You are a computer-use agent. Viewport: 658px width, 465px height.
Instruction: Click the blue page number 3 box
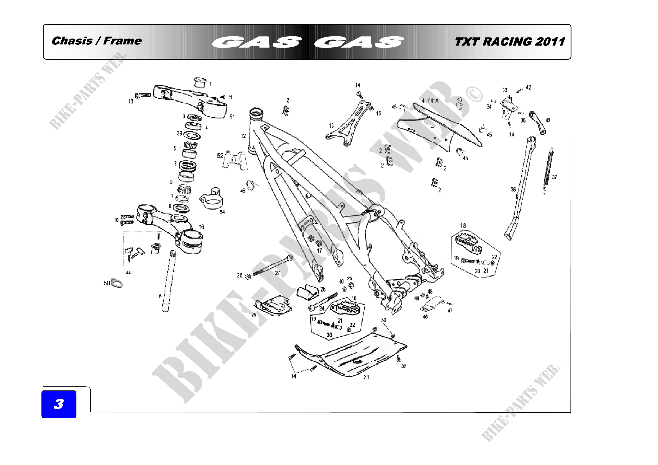pos(59,404)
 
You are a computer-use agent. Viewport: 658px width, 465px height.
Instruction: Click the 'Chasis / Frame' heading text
pos(96,41)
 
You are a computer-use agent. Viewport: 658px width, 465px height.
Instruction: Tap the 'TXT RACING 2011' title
pos(509,42)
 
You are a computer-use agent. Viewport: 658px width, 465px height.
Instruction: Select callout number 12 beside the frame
pos(243,136)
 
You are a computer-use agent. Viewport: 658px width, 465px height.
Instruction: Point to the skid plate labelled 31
pos(352,357)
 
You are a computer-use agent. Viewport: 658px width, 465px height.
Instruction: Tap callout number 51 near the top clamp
pos(232,117)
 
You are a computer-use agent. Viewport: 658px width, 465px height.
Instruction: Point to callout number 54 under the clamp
pos(222,212)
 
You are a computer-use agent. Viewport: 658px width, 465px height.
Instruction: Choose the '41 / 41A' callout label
pos(430,100)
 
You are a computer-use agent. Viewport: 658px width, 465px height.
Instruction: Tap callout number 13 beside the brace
pos(331,125)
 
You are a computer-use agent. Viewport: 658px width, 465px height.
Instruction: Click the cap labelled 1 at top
pos(200,82)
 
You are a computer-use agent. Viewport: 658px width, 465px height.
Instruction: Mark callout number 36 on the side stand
pos(513,189)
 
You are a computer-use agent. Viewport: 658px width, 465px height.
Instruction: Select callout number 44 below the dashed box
pos(128,273)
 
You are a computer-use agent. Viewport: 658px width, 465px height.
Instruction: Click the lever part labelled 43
pos(537,123)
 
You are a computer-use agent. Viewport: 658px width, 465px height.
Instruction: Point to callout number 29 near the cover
pos(254,315)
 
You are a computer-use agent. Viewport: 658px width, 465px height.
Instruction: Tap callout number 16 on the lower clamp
pos(202,227)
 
